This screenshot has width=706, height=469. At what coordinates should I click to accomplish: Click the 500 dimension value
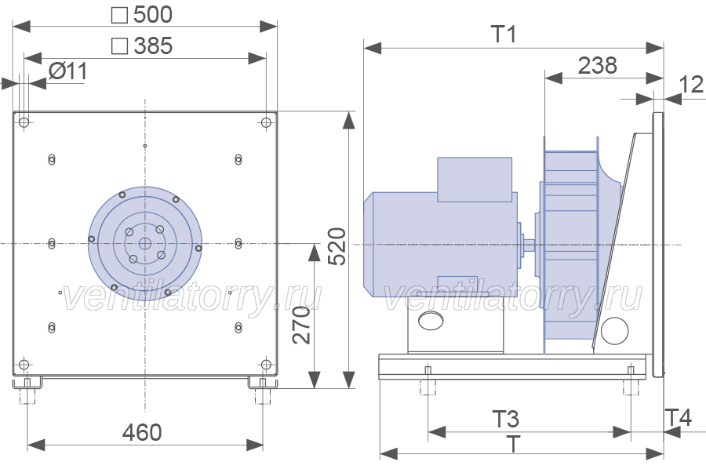[153, 14]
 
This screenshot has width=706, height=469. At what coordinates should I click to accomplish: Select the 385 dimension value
[153, 46]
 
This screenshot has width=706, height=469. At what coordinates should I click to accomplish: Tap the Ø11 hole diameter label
[68, 71]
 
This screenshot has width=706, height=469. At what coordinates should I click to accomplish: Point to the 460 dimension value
[142, 432]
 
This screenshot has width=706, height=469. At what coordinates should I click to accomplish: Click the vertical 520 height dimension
[337, 246]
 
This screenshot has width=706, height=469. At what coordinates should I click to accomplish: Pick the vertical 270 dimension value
[302, 325]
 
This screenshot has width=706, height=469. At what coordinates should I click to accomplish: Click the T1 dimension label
[504, 35]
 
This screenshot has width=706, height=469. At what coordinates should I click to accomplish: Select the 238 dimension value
[597, 66]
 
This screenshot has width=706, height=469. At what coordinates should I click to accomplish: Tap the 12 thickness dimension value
[690, 85]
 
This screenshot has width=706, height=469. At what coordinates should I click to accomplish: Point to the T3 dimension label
[505, 419]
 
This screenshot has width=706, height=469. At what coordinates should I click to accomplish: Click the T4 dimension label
[678, 418]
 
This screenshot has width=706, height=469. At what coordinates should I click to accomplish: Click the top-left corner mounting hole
[24, 122]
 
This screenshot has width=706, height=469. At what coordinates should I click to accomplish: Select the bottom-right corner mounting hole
[266, 364]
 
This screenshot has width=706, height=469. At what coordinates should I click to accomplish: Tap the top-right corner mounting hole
[266, 122]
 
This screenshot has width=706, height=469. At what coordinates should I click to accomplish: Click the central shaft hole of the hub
[145, 244]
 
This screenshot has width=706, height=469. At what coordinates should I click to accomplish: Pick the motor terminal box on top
[475, 179]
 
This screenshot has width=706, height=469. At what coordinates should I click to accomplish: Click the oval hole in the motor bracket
[431, 321]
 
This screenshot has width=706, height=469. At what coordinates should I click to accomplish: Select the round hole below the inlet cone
[614, 331]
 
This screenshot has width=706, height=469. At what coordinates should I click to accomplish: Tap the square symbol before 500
[119, 15]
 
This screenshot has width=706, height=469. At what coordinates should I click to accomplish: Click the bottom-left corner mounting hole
[24, 364]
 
